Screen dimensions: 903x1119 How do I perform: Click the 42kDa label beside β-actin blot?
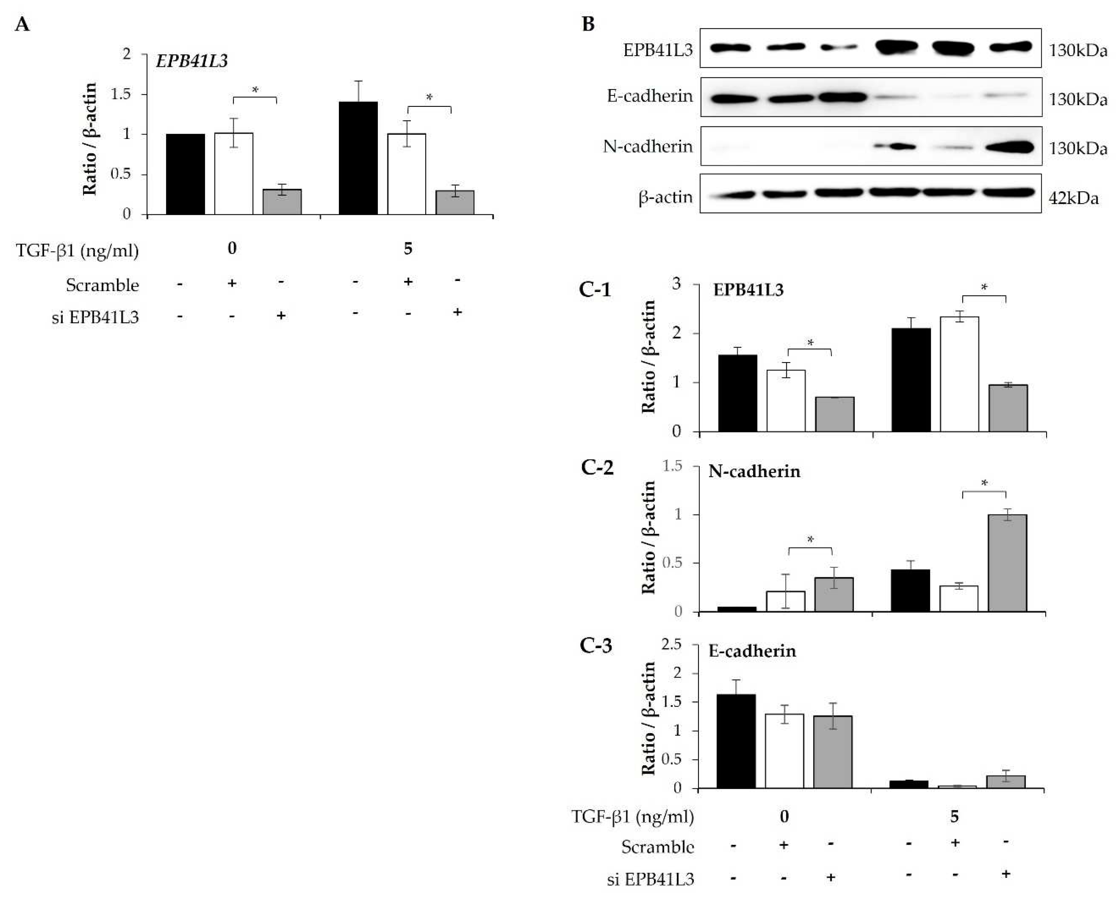click(1073, 198)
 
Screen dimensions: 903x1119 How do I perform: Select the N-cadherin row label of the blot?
click(648, 147)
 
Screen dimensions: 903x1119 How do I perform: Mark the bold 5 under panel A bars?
click(408, 249)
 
